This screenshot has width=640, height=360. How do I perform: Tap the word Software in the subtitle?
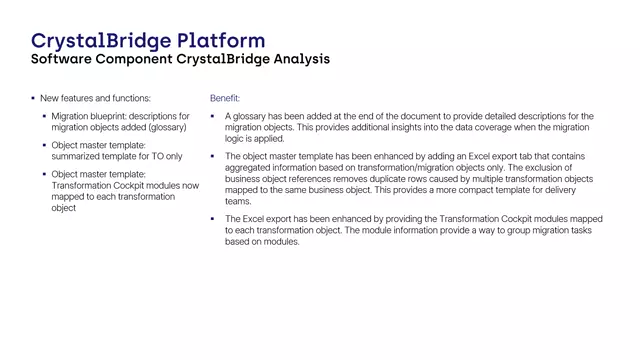66,59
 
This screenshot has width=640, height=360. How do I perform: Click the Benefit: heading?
225,98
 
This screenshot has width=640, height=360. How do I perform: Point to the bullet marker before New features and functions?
32,98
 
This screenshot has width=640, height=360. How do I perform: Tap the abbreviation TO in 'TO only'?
154,157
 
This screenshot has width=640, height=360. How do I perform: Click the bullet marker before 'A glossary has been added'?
213,117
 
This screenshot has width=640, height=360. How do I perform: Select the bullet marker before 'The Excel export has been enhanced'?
213,219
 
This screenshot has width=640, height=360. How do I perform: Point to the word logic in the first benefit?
236,139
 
